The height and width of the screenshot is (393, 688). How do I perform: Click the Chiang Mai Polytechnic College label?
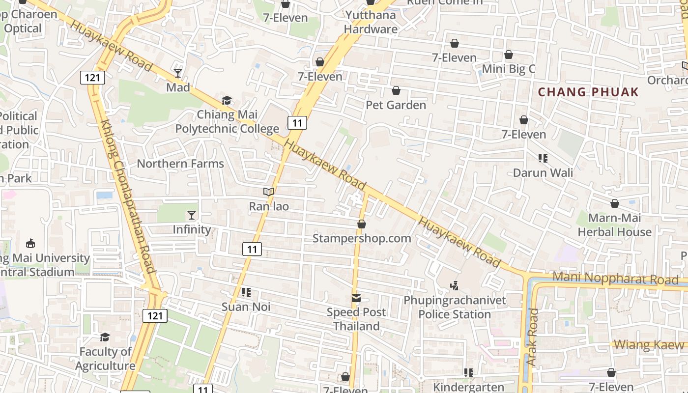(227, 122)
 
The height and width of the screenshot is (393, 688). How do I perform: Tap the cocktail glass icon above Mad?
(178, 73)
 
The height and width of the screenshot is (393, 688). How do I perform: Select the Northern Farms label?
(180, 164)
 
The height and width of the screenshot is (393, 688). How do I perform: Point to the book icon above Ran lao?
(269, 192)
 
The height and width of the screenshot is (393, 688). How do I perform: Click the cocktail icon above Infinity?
(192, 215)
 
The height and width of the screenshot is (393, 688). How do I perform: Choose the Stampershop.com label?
(362, 238)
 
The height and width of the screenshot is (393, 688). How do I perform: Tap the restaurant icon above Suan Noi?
(246, 293)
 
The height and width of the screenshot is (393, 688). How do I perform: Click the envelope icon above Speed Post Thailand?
(356, 298)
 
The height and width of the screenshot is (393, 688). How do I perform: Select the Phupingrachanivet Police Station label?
(455, 307)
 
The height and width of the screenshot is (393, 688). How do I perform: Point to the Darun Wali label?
(543, 173)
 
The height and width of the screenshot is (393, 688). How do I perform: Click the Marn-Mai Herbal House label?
(614, 225)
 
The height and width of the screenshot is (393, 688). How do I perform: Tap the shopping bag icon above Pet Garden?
(396, 91)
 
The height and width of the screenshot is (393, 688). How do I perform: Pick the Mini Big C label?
(508, 69)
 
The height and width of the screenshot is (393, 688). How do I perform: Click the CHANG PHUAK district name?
(588, 92)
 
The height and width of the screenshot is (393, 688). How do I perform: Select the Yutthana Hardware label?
(371, 22)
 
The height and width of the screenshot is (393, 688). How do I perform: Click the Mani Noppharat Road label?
(615, 279)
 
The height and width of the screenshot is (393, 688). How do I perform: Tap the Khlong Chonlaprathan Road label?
(127, 196)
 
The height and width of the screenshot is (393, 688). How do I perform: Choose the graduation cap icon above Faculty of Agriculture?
(105, 337)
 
